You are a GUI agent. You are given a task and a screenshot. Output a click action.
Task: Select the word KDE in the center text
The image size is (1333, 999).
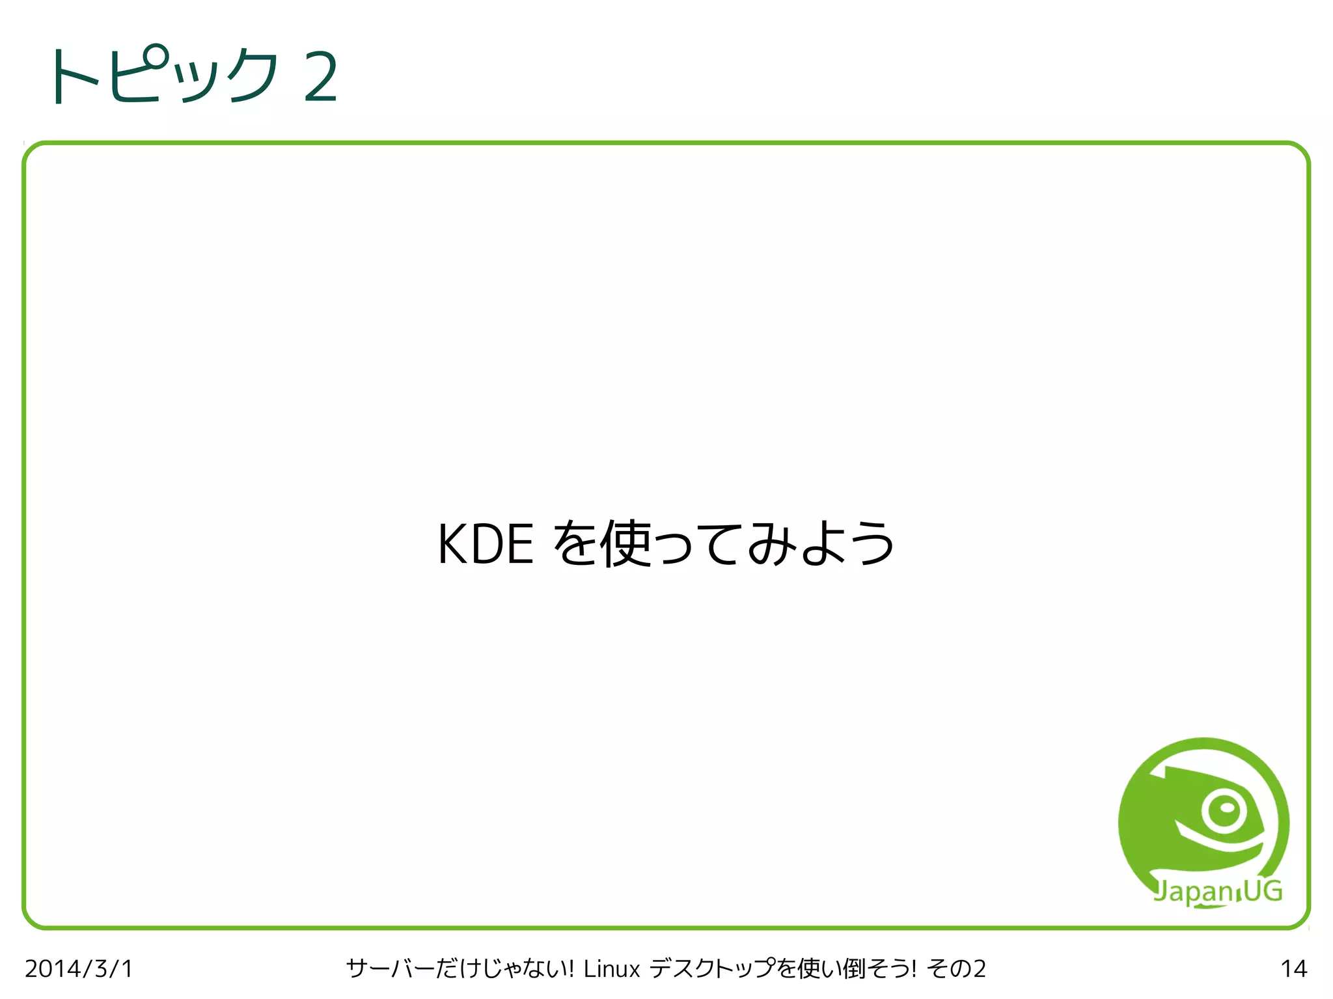[486, 544]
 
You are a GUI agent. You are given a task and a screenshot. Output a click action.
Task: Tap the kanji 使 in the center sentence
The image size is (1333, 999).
[625, 543]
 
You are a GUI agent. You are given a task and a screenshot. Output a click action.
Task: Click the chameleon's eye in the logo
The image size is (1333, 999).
[1224, 810]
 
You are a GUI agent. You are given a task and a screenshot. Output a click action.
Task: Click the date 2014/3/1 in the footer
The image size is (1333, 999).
[79, 969]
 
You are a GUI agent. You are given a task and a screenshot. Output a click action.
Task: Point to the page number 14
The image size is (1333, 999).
[1293, 969]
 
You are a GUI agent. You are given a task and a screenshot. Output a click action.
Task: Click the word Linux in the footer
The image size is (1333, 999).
[612, 969]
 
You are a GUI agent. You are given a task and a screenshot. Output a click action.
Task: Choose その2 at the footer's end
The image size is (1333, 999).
[957, 969]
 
